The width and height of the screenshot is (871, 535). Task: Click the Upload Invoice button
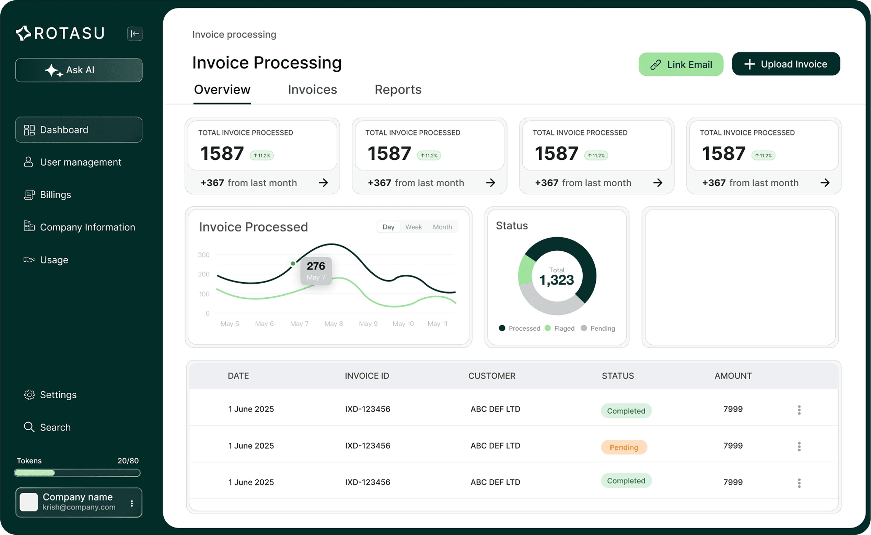786,64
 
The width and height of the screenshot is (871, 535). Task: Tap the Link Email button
681,64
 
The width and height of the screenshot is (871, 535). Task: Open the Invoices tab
312,90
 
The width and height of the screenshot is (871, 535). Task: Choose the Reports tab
398,90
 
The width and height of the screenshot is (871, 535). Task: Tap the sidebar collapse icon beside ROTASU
135,34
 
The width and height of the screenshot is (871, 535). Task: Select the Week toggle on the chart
413,227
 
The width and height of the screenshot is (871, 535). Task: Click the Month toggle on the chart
442,227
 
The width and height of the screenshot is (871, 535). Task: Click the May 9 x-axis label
368,324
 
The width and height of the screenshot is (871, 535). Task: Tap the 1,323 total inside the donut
556,280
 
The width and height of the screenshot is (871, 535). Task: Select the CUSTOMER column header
492,376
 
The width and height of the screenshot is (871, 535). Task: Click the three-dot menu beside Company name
132,503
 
